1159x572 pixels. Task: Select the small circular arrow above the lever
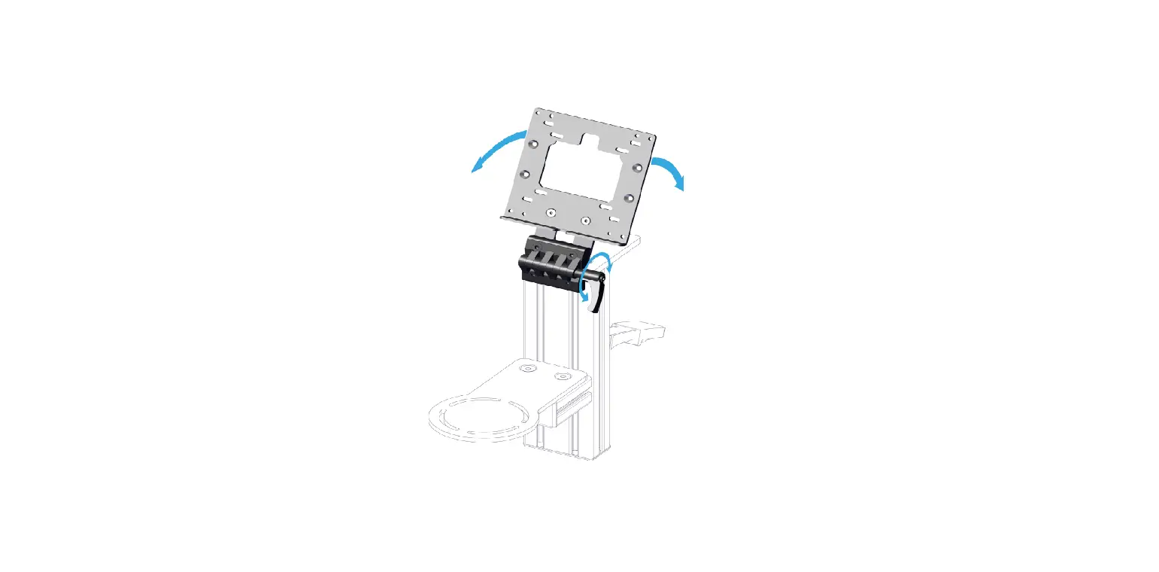[599, 263]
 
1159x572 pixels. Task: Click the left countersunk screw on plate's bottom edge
[552, 213]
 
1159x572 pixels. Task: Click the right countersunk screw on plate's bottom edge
[586, 221]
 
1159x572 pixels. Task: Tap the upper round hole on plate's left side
[532, 144]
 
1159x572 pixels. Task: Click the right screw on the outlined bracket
[560, 376]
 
